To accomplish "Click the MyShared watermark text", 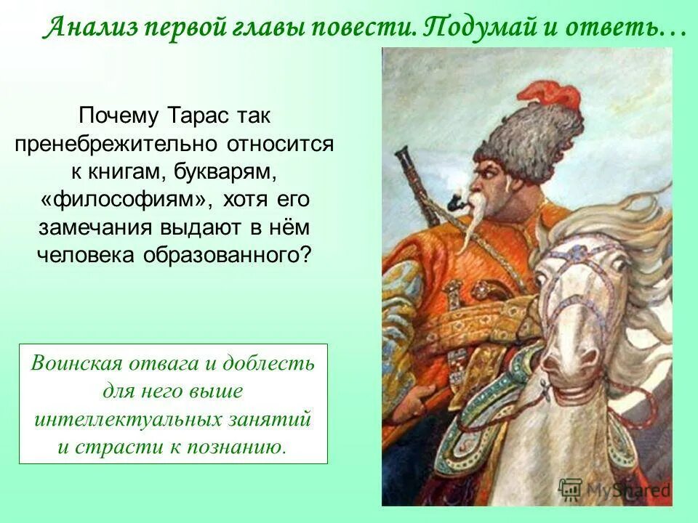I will pyautogui.click(x=625, y=490).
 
